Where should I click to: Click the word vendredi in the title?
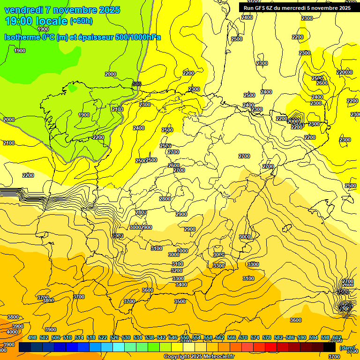pos(23,10)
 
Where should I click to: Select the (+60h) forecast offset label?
pos(82,21)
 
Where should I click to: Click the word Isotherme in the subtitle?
pos(22,37)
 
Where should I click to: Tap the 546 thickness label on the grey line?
pos(137,84)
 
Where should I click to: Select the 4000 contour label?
pos(13,332)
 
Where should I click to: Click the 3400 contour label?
pos(181,285)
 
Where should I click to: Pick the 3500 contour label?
pos(180,301)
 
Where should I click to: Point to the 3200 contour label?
pos(177,270)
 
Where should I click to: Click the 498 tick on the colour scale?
pos(32,337)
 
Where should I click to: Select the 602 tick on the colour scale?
pos(337,337)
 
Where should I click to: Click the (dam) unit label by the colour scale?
pos(347,348)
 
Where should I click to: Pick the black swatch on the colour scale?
pos(330,347)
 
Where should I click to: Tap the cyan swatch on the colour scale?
pos(119,347)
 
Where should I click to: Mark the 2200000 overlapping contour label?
pos(345,72)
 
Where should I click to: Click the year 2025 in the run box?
pos(344,7)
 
